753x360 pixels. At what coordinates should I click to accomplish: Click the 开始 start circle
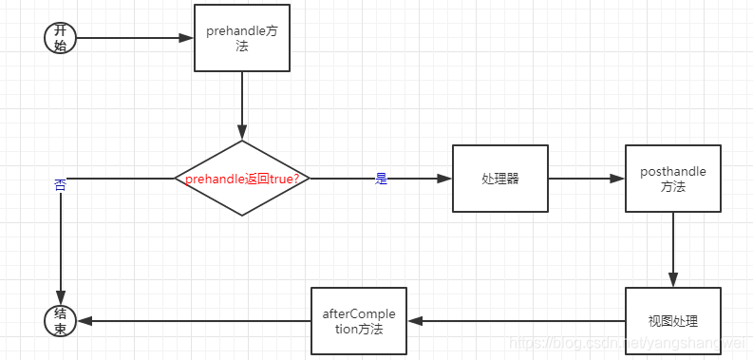click(x=60, y=39)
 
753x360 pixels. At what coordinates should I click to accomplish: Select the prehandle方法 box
click(x=241, y=38)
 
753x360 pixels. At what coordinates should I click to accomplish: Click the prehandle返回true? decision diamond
click(x=242, y=178)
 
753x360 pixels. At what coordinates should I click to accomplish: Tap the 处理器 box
click(x=499, y=179)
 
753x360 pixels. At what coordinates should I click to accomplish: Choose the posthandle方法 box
click(x=672, y=179)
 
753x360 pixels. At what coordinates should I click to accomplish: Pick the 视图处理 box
click(x=672, y=321)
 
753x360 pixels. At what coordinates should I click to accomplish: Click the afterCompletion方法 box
click(x=359, y=321)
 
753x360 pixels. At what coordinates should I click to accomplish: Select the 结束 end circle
click(x=60, y=321)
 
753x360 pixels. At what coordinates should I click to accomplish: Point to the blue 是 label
click(x=382, y=179)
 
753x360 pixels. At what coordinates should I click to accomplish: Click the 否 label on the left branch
click(x=60, y=186)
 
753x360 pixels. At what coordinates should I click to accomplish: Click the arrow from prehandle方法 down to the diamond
click(x=242, y=104)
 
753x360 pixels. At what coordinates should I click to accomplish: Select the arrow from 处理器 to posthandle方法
click(x=585, y=179)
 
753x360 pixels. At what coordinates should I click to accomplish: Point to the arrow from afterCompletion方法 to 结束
click(x=195, y=321)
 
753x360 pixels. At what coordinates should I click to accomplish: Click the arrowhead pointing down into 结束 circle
click(x=60, y=298)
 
